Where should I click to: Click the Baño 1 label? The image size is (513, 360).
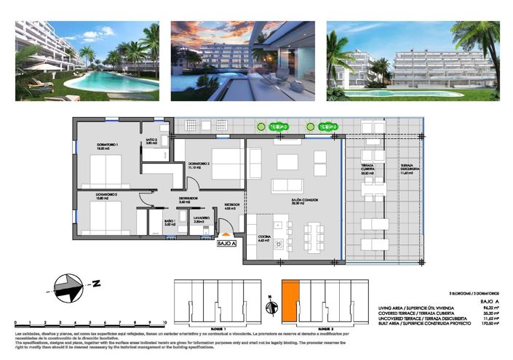click(170, 223)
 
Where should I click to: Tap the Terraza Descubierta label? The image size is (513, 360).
click(410, 171)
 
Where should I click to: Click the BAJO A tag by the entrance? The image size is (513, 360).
click(227, 244)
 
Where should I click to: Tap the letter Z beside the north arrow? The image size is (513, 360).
click(95, 282)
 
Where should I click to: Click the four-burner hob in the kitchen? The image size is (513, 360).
click(277, 246)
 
